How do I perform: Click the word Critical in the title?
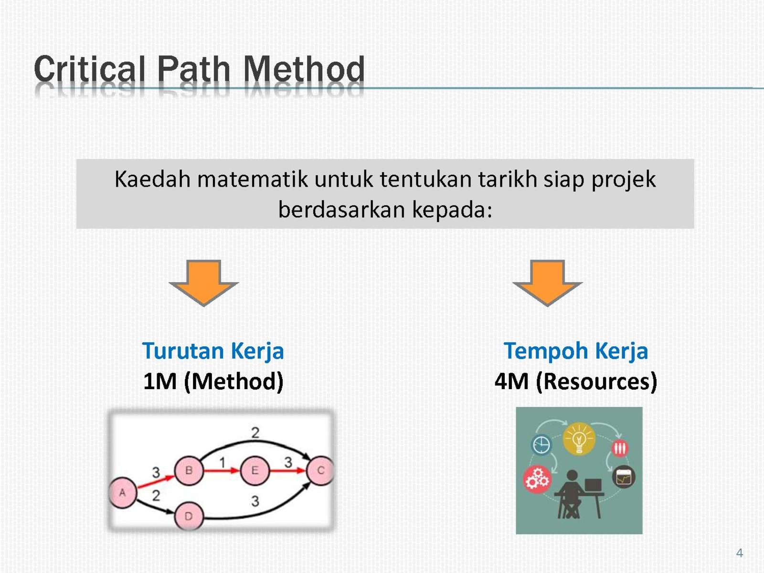click(89, 69)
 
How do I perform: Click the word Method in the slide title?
click(304, 69)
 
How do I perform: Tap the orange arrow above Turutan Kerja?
click(203, 283)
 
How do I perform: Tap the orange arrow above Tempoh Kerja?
click(547, 283)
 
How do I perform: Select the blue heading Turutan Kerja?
click(213, 350)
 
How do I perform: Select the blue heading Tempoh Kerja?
click(576, 350)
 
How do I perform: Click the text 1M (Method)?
click(213, 382)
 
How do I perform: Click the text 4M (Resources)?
click(576, 382)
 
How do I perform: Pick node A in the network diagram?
click(123, 492)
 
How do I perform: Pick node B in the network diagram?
click(189, 470)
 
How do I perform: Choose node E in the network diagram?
click(255, 470)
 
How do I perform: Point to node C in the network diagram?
click(320, 470)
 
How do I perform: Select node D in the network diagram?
click(189, 516)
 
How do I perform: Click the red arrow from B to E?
click(222, 471)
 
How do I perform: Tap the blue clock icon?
click(541, 445)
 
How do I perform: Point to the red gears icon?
click(537, 480)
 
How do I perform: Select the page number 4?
click(739, 553)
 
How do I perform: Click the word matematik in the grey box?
click(252, 180)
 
